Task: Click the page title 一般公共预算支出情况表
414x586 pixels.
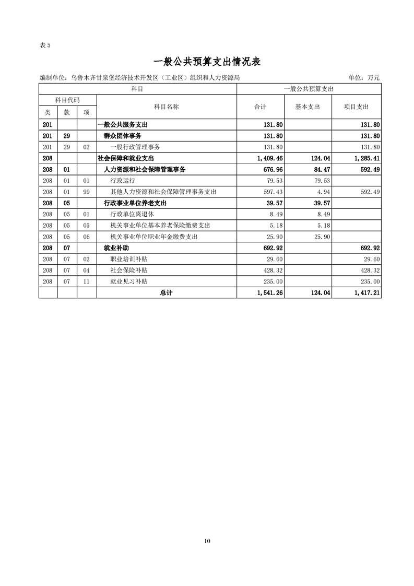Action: (x=207, y=61)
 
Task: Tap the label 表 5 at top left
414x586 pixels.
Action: (x=45, y=45)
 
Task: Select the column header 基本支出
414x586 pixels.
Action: (x=307, y=107)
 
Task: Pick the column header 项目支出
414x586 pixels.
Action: (x=356, y=107)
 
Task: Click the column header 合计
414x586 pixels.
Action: (x=260, y=107)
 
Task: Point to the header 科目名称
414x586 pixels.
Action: (x=167, y=107)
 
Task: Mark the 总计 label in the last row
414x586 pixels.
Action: (x=166, y=293)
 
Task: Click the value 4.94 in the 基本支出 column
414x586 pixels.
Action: (x=324, y=192)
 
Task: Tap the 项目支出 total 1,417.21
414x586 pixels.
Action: (x=367, y=293)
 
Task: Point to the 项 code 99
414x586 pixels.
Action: (x=87, y=192)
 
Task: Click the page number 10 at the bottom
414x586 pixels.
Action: (x=207, y=541)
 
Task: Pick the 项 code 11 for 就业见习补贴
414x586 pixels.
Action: (x=87, y=282)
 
